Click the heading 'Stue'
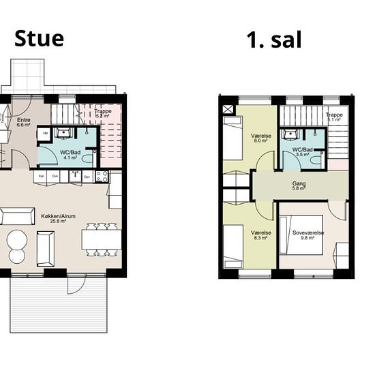(40, 38)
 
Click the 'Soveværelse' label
(308, 233)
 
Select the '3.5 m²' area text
(303, 155)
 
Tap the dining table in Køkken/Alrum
(102, 239)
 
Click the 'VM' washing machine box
(45, 134)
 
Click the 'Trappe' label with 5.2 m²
(103, 112)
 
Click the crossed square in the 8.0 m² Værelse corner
(227, 108)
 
